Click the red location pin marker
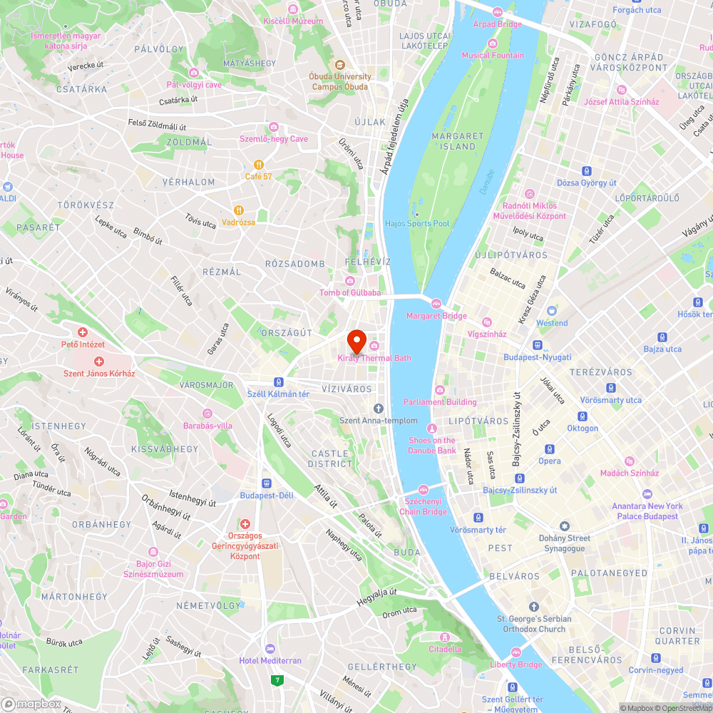pyautogui.click(x=356, y=339)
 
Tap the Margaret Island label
pyautogui.click(x=458, y=141)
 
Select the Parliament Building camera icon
pyautogui.click(x=440, y=389)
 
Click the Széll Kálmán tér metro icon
pyautogui.click(x=279, y=381)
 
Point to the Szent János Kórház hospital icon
pyautogui.click(x=99, y=361)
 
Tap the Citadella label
pyautogui.click(x=445, y=649)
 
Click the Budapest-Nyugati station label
pyautogui.click(x=537, y=357)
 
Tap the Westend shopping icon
pyautogui.click(x=551, y=311)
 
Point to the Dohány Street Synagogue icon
pyautogui.click(x=564, y=526)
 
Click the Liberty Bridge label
pyautogui.click(x=515, y=665)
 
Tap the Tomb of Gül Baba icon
pyautogui.click(x=349, y=280)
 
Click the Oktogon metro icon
pyautogui.click(x=583, y=416)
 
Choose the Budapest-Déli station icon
pyautogui.click(x=267, y=483)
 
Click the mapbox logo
pyautogui.click(x=31, y=704)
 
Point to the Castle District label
pyautogui.click(x=330, y=458)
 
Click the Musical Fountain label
pyautogui.click(x=492, y=55)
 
